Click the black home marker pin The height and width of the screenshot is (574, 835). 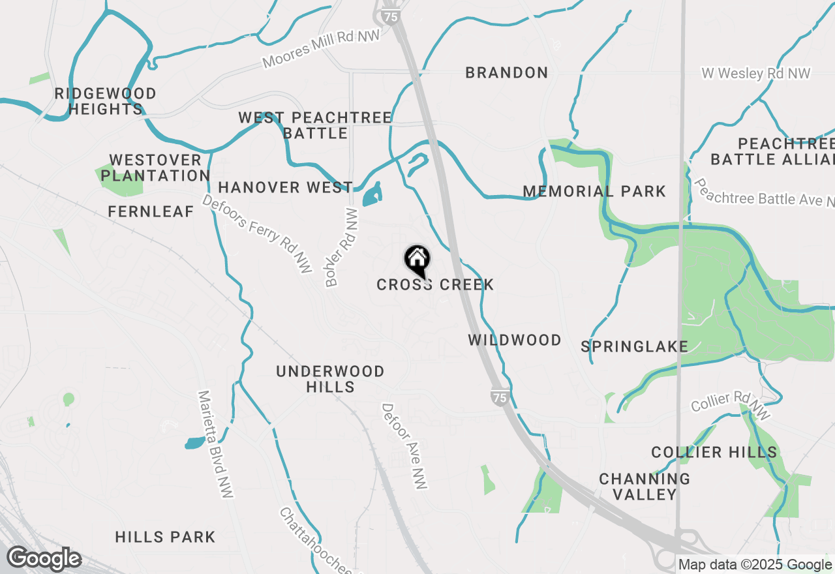417,261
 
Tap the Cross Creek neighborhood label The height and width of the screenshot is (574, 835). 435,285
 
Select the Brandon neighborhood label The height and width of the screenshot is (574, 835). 507,72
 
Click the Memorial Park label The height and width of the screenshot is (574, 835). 594,191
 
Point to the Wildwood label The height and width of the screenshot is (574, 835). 515,340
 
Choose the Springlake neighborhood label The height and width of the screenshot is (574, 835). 635,346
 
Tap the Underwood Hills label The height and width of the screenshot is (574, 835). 330,379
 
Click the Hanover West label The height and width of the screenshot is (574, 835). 286,187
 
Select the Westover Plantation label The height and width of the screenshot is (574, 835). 155,168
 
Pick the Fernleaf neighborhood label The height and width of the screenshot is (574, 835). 151,211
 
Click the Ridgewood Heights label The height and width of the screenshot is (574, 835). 106,101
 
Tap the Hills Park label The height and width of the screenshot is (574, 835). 165,537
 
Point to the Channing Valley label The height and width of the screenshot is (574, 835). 645,487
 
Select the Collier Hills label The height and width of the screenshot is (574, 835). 714,452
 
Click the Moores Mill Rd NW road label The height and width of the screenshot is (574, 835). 321,49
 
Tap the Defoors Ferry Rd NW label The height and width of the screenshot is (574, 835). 257,234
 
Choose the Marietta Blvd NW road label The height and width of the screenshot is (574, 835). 216,445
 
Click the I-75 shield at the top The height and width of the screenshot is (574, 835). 390,16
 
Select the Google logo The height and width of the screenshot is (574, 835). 44,559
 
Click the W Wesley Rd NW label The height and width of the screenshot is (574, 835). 756,73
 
